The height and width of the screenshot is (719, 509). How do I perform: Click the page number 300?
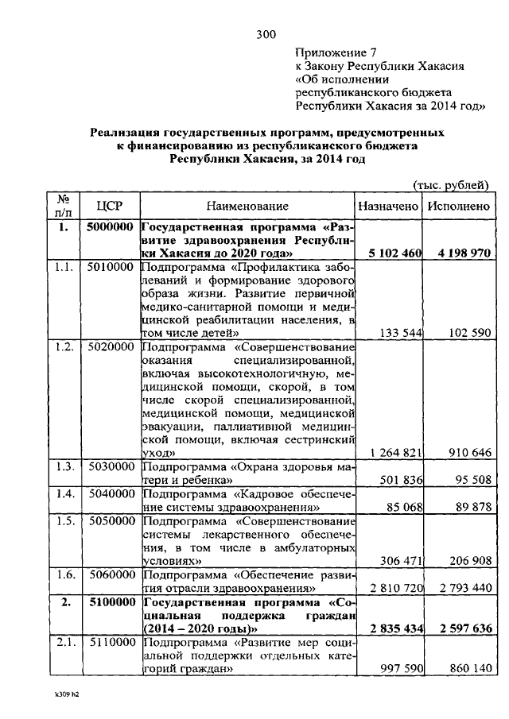click(x=266, y=33)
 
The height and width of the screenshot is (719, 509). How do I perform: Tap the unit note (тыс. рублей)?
click(x=449, y=185)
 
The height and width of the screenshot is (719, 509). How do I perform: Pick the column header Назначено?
click(x=387, y=206)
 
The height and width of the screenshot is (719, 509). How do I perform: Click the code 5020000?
click(x=111, y=348)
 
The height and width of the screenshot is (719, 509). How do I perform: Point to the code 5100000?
click(x=111, y=602)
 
